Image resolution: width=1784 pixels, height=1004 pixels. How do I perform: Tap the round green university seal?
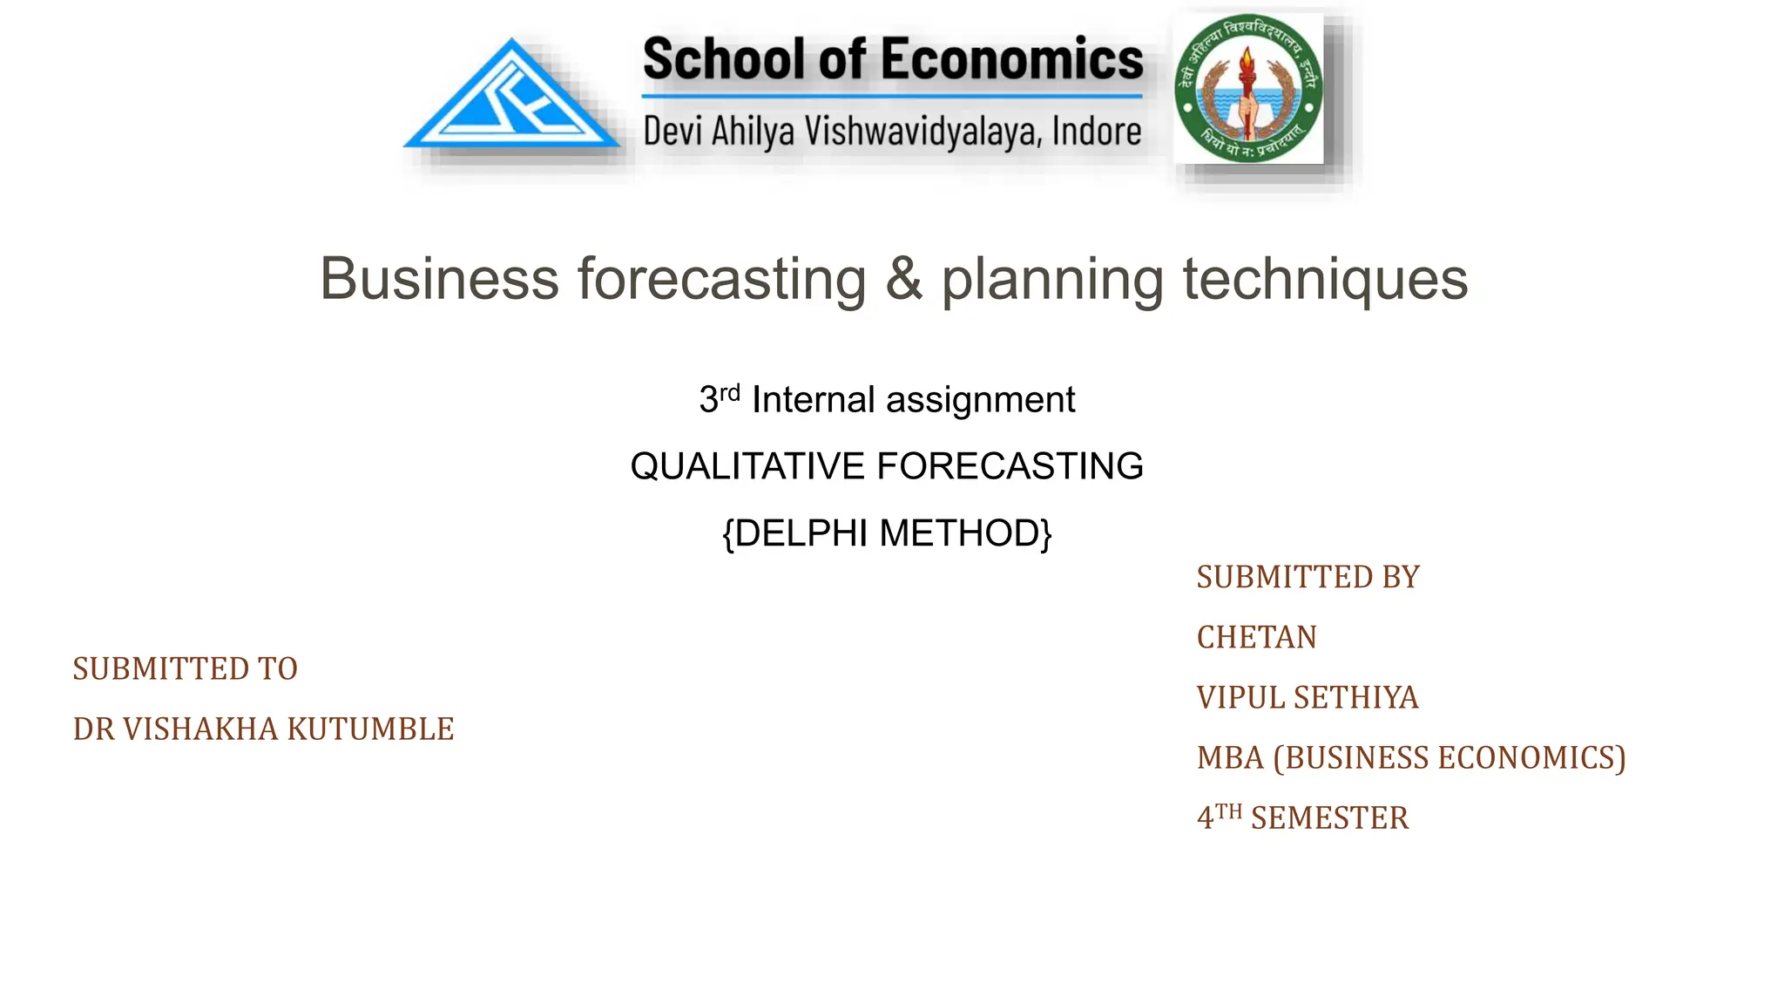tap(1247, 89)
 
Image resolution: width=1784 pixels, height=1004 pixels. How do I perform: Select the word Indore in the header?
tap(1097, 132)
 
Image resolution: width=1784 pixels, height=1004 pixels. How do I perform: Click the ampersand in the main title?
tap(903, 279)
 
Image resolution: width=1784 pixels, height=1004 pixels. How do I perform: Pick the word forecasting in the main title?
tap(722, 279)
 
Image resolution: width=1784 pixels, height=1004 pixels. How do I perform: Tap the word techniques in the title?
tap(1325, 279)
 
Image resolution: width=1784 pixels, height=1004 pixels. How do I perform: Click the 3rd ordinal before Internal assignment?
tap(719, 399)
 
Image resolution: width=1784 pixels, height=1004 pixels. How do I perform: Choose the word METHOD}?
tap(966, 533)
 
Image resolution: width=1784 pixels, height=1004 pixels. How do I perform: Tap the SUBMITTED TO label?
tap(185, 669)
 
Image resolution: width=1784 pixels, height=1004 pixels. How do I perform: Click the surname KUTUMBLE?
tap(370, 729)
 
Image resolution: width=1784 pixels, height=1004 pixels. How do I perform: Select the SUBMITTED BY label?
tap(1308, 578)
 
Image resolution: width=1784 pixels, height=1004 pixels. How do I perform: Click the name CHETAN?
tap(1256, 638)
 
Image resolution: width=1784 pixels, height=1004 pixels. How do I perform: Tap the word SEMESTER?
tap(1329, 818)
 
